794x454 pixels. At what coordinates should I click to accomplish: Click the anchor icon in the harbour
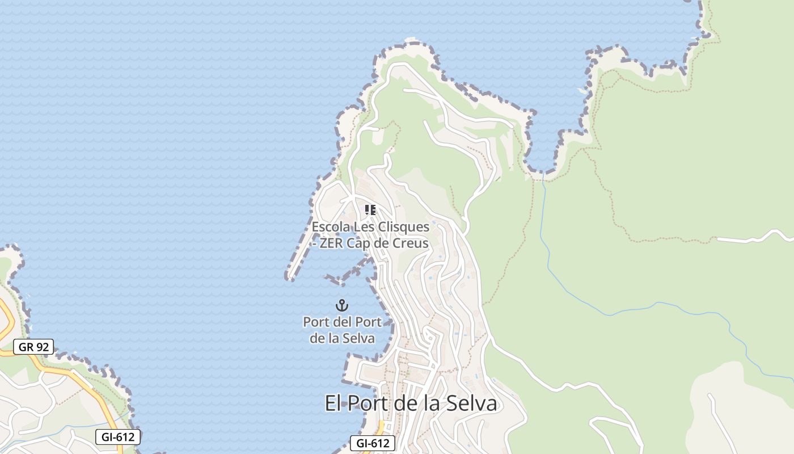(x=341, y=305)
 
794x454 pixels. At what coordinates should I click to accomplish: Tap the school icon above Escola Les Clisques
(x=370, y=210)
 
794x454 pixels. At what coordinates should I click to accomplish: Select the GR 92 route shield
(x=33, y=347)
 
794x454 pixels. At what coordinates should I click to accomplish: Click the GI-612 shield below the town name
(x=373, y=443)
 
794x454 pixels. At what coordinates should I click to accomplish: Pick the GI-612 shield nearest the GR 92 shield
(x=117, y=436)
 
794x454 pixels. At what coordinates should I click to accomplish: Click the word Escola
(x=331, y=227)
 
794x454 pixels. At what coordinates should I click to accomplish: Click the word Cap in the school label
(x=367, y=243)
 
